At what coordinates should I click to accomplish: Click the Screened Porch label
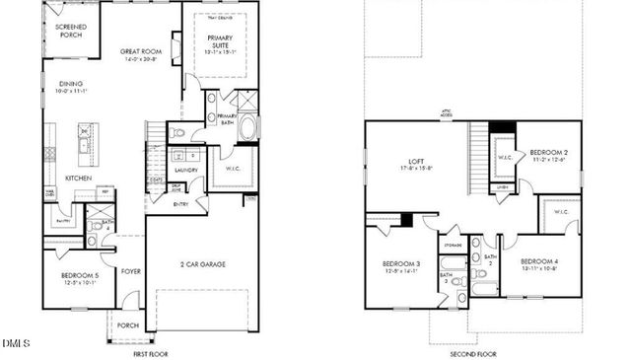[x=70, y=32]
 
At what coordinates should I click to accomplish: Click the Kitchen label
[x=79, y=178]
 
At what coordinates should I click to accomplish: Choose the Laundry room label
[x=186, y=170]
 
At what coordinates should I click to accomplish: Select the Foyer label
[x=131, y=270]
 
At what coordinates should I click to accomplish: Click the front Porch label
[x=128, y=324]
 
